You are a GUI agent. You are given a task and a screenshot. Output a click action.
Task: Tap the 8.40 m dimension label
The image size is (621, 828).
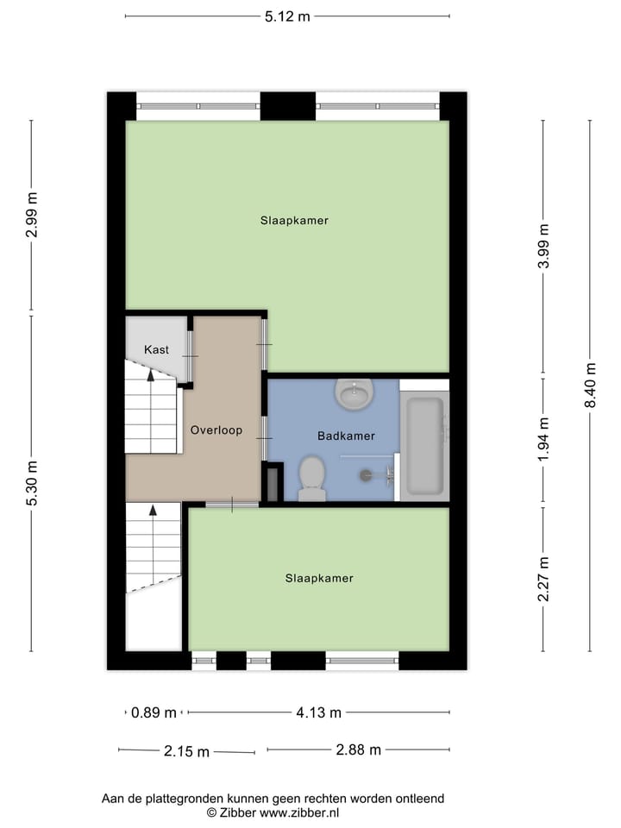tap(591, 385)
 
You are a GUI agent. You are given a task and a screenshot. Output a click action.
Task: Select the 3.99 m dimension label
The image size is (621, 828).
tap(543, 247)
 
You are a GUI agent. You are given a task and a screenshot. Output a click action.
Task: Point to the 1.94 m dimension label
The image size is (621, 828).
tap(543, 439)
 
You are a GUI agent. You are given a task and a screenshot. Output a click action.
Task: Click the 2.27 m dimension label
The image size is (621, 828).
tap(543, 579)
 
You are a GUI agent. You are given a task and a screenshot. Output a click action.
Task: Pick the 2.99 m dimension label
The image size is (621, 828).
tap(32, 214)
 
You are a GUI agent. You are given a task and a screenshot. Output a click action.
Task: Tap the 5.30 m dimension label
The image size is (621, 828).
tap(32, 483)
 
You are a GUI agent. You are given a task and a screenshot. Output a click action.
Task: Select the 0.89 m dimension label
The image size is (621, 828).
tap(154, 712)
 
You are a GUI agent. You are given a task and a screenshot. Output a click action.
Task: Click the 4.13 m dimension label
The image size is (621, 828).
tap(318, 712)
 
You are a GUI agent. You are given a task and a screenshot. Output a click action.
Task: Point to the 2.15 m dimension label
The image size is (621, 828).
tap(186, 751)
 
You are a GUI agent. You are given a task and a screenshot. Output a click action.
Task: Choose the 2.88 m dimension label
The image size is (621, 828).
tap(358, 750)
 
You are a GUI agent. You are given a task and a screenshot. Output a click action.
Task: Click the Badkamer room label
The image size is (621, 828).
tap(346, 436)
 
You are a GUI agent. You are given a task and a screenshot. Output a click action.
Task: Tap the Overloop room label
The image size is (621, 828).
tap(216, 430)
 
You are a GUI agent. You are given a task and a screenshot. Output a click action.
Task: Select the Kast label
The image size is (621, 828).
tap(156, 349)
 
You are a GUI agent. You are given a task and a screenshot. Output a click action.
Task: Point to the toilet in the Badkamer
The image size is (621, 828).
tap(311, 478)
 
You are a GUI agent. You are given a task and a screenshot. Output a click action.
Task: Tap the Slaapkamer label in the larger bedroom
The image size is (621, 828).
tap(294, 221)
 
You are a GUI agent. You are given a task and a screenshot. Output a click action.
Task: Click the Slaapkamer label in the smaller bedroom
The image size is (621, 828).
tap(319, 578)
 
